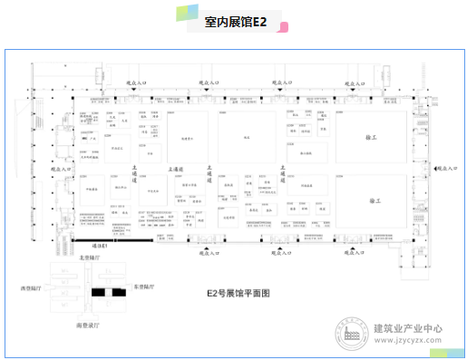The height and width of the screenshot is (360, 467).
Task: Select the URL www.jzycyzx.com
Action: pos(408,342)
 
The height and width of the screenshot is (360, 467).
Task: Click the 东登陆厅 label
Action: pos(143,287)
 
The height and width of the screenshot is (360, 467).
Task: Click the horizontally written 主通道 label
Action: pos(177,169)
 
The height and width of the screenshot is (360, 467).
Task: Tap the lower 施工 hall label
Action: pos(374,199)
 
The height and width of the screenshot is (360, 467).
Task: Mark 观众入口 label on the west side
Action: pos(61,168)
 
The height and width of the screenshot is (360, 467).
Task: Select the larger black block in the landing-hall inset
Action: pos(99,293)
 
